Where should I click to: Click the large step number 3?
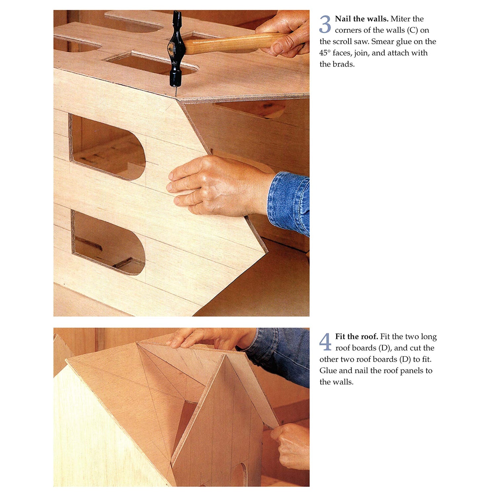325,24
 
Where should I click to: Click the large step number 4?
325,342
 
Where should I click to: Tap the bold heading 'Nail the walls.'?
361,19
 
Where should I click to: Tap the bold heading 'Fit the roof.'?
356,337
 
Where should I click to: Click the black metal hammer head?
175,50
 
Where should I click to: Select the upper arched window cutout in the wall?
107,147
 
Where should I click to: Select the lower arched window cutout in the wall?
108,243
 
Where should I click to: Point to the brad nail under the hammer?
176,91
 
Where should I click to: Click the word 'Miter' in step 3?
401,19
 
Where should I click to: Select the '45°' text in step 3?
325,53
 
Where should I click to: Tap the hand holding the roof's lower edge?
291,446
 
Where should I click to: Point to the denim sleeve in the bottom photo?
281,354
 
